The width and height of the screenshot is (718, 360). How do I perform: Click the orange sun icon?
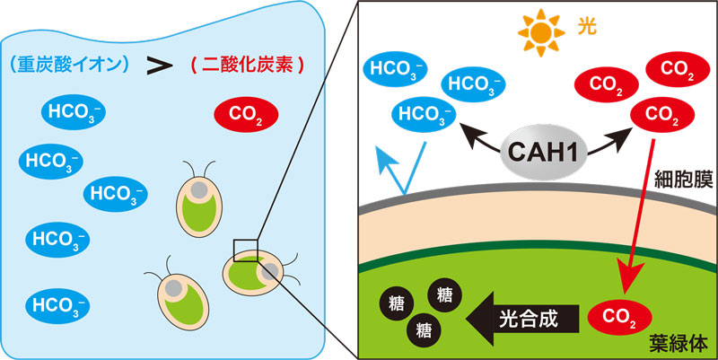(x=541, y=31)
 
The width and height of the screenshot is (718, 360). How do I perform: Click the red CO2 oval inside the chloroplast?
(x=619, y=317)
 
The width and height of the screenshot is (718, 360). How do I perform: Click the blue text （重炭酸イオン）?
(x=70, y=65)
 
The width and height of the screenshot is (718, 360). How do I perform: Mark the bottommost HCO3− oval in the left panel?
(x=60, y=303)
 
